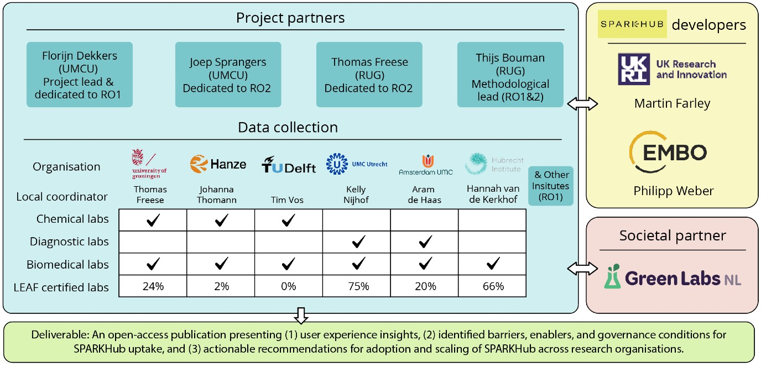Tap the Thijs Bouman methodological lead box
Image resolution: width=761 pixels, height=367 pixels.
[x=510, y=75]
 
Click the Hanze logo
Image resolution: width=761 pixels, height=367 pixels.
[x=218, y=164]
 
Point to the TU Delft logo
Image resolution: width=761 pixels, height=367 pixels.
[x=288, y=165]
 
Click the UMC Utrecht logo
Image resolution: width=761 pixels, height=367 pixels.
[x=357, y=164]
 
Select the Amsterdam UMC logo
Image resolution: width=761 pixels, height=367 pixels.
[x=425, y=165]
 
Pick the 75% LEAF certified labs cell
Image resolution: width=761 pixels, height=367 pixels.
[x=357, y=286]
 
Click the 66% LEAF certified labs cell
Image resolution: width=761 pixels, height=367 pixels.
[x=492, y=286]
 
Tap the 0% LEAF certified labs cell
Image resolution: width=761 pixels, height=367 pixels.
[x=288, y=286]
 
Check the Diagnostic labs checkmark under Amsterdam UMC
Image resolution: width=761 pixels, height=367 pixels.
[x=425, y=242]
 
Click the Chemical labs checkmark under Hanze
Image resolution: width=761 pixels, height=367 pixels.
[x=220, y=220]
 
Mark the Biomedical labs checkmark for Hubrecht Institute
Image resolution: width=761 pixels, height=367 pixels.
[x=492, y=265]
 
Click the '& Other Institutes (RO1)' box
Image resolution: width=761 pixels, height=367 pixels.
[x=551, y=185]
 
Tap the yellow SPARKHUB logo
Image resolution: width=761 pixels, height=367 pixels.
[x=632, y=24]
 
